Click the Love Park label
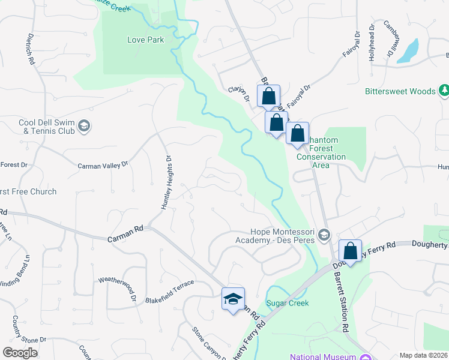pyautogui.click(x=145, y=40)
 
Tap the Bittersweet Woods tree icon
pyautogui.click(x=444, y=91)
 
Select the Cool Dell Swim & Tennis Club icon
pyautogui.click(x=84, y=126)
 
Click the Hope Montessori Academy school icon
pyautogui.click(x=325, y=235)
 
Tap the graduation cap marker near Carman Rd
pyautogui.click(x=233, y=298)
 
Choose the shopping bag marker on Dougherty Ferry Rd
pyautogui.click(x=350, y=250)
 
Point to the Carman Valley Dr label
pyautogui.click(x=103, y=164)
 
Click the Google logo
pyautogui.click(x=20, y=353)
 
